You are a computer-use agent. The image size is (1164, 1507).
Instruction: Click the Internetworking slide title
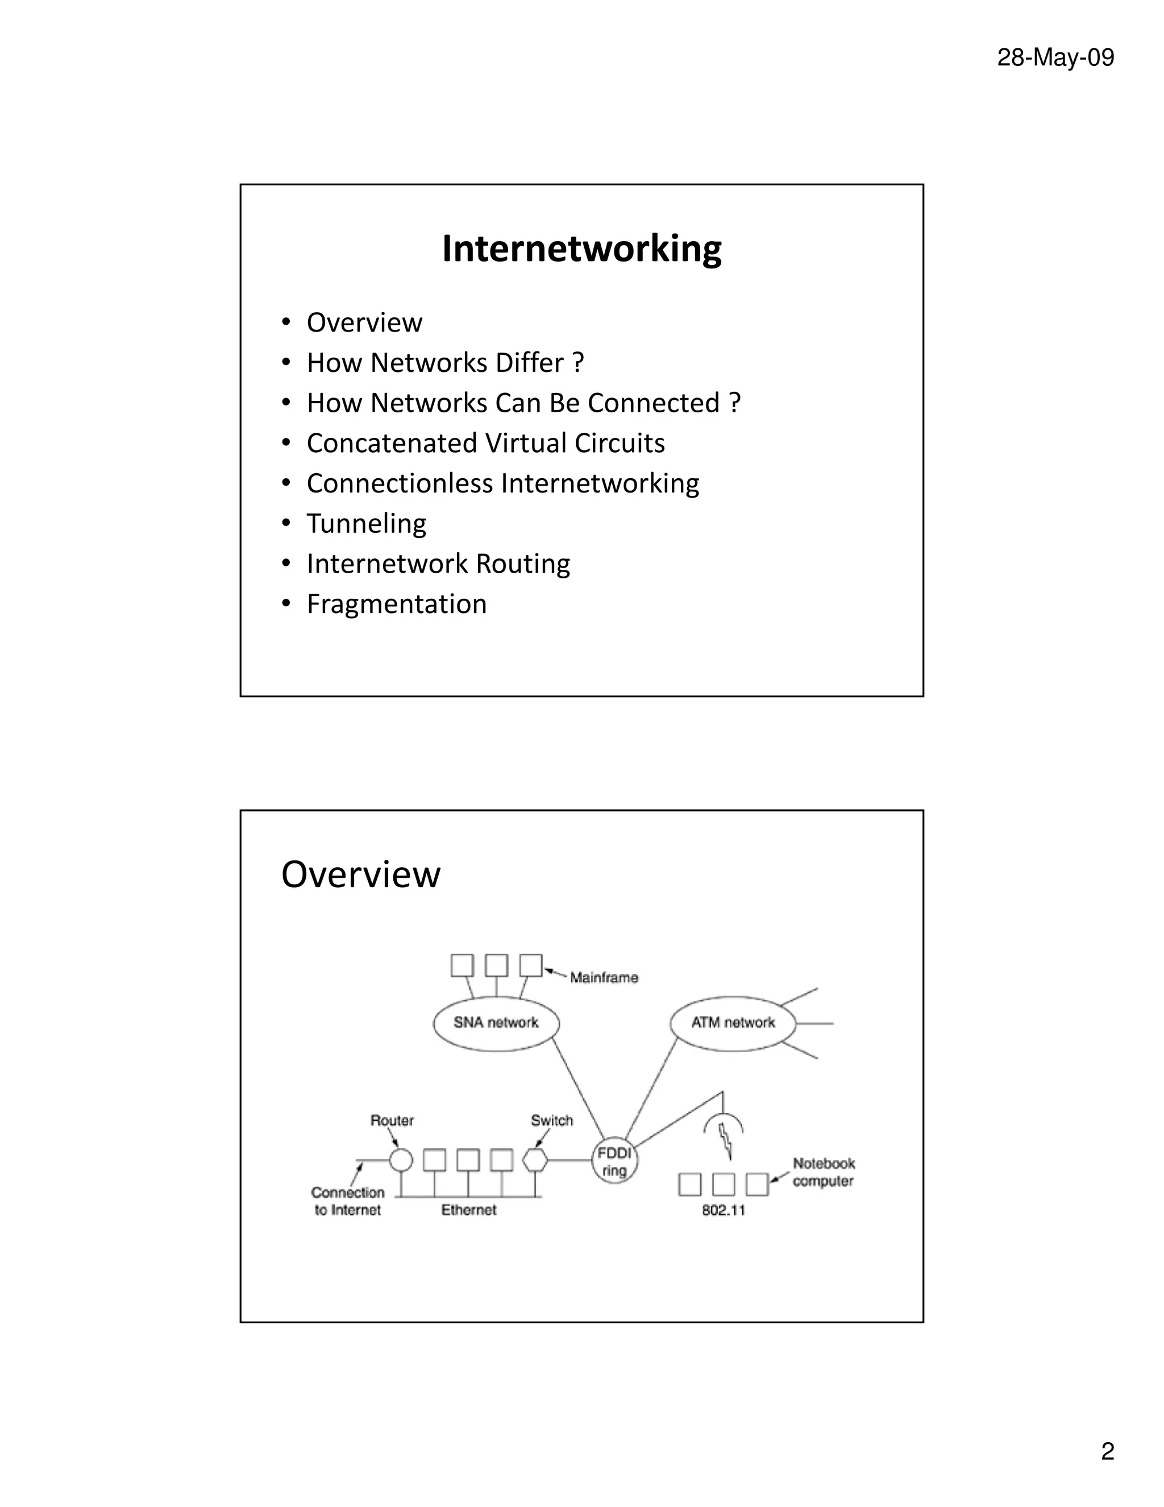(x=581, y=249)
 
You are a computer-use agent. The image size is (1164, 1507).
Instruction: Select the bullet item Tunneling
(x=366, y=524)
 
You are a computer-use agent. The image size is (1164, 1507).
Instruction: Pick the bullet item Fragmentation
(x=397, y=605)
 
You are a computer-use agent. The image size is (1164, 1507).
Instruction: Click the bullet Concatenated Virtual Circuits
(x=485, y=443)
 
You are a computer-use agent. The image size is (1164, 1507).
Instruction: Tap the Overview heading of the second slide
(x=361, y=874)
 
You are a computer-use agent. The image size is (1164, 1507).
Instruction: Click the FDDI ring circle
(x=614, y=1162)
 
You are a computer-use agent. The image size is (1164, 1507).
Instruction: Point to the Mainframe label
(x=604, y=978)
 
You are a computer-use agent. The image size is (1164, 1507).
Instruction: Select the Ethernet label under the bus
(x=469, y=1210)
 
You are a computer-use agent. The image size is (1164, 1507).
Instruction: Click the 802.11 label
(x=724, y=1210)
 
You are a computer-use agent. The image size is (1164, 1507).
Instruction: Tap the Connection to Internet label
(x=347, y=1200)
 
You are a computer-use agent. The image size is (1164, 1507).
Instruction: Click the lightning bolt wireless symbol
(x=725, y=1141)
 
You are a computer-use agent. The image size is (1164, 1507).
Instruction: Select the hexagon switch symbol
(x=535, y=1161)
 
